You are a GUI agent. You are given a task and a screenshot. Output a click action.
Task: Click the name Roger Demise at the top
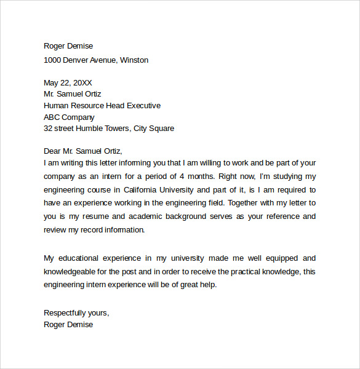[68, 46]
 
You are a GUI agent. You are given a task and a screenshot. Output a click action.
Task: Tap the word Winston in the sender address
[134, 60]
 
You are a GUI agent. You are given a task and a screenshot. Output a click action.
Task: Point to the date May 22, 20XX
[68, 82]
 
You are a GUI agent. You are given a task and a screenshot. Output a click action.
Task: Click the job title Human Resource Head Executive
[102, 106]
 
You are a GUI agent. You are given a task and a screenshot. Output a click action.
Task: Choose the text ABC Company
[69, 117]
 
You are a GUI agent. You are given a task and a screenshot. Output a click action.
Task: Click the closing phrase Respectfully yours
[76, 313]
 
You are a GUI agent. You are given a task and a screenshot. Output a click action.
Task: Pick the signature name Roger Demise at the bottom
[68, 325]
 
